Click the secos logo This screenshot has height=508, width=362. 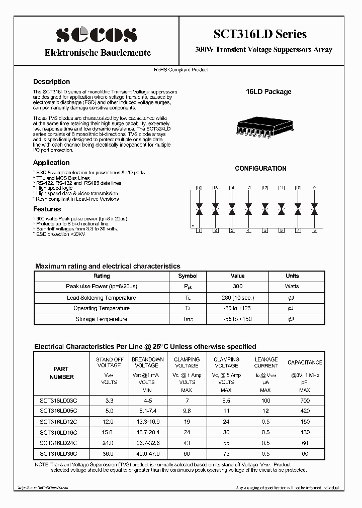tap(97, 34)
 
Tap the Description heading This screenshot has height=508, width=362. tap(51, 81)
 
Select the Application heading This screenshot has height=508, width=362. tap(51, 163)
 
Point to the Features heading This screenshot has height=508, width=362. tap(47, 209)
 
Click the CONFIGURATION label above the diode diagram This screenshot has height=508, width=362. tap(260, 169)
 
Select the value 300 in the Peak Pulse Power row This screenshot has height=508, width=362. tap(237, 286)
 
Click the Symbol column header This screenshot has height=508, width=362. tap(188, 276)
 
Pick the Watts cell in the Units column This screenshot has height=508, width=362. tap(292, 286)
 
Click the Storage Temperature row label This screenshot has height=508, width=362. tap(101, 319)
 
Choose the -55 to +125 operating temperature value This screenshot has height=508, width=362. tap(237, 308)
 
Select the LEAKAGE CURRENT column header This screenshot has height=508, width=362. tap(266, 362)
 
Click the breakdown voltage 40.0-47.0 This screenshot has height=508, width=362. tap(148, 454)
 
